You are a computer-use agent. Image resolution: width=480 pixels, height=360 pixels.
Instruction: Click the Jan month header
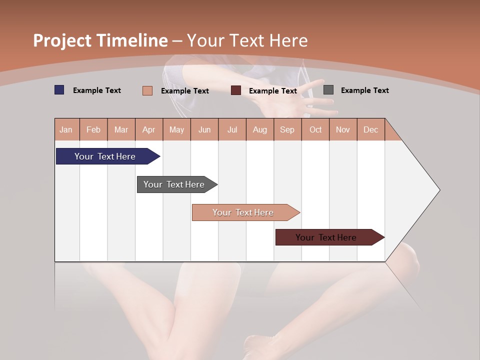66,129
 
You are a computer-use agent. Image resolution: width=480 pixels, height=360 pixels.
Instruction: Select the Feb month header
93,129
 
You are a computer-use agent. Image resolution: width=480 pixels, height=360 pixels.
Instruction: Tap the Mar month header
121,129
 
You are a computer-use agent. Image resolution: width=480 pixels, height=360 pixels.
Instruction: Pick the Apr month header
149,129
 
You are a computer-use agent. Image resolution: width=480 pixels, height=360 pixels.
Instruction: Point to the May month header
176,129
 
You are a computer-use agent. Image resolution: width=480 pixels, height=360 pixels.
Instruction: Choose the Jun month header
204,129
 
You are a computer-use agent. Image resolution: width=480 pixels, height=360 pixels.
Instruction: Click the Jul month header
232,129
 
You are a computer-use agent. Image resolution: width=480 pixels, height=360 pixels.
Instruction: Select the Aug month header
260,129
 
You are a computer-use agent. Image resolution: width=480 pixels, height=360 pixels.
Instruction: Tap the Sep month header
287,129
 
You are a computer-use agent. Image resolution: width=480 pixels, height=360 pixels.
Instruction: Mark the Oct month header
315,129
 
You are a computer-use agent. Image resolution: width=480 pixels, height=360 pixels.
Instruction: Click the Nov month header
343,129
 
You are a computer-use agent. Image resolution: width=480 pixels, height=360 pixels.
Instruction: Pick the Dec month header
370,129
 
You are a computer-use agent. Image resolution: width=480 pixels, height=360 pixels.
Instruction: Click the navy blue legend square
59,90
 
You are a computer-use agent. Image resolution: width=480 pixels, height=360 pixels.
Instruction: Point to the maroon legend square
236,90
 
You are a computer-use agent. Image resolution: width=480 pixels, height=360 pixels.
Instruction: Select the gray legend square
328,90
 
